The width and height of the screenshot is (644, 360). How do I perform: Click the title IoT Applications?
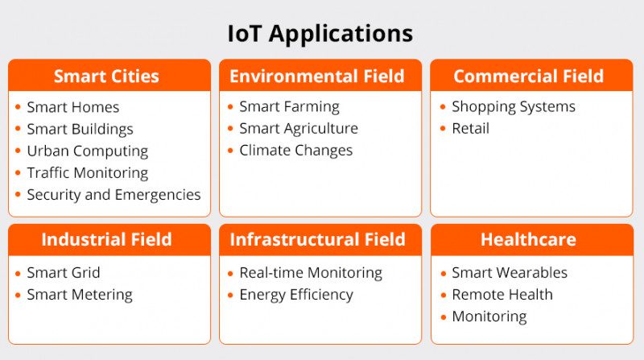coord(320,33)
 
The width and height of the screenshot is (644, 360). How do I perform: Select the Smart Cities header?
coord(106,77)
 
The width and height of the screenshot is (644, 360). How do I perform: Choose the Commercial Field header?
coord(528,77)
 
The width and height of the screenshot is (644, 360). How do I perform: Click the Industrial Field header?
coord(106,239)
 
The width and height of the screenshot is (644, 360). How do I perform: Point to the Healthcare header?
coord(528,239)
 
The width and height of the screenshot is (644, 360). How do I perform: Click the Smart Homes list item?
coord(72,107)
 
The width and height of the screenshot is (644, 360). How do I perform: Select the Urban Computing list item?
coord(87,151)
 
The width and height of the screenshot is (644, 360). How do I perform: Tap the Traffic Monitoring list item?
coord(87,172)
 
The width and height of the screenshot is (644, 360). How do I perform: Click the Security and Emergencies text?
coord(114,194)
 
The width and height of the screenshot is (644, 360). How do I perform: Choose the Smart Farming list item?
coord(289,106)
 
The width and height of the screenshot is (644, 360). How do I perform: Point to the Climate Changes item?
coord(295,150)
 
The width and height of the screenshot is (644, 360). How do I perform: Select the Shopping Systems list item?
coord(514,106)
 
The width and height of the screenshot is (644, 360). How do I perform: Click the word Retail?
coord(470,128)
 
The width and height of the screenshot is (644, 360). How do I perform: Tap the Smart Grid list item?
coord(64,273)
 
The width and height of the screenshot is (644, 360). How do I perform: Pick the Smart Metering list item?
coord(80,295)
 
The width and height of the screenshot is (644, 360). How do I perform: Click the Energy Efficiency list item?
coord(295,295)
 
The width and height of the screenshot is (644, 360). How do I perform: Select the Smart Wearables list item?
coord(510,273)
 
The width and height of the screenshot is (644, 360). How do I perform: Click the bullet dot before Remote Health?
coord(443,295)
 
